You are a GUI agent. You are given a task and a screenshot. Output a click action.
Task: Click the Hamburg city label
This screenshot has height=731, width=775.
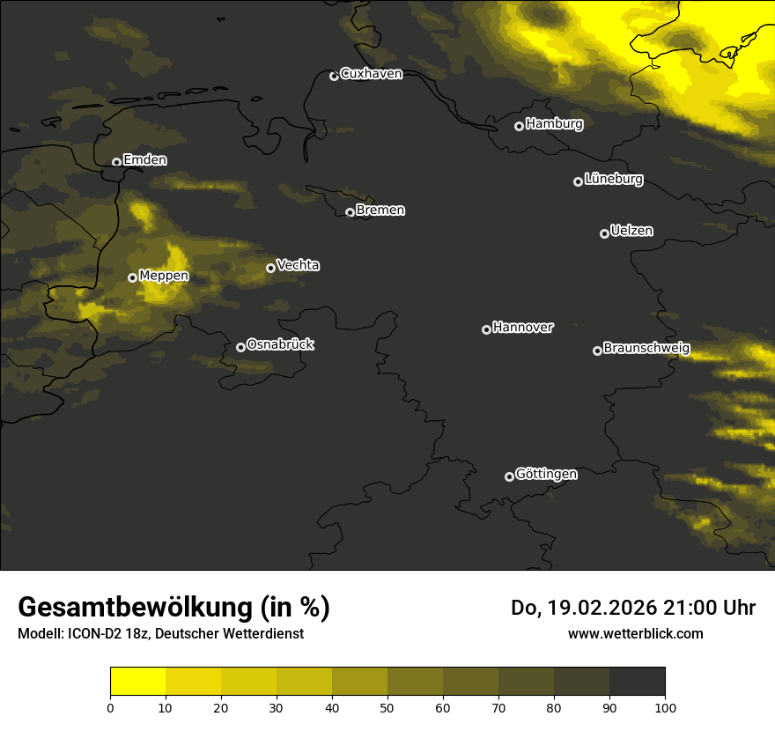554,124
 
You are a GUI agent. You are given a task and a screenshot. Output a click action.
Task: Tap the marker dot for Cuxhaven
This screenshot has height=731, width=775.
334,76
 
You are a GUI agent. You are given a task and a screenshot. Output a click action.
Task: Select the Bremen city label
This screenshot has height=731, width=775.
380,210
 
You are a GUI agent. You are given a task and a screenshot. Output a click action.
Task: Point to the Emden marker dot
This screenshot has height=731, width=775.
116,162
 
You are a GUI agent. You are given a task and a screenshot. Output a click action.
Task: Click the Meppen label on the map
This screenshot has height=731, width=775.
164,276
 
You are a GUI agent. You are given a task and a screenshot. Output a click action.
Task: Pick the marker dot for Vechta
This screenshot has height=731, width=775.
270,268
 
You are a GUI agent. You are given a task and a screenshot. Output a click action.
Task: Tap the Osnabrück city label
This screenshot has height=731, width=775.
280,344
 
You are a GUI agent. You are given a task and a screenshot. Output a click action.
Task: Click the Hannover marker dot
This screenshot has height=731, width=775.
486,329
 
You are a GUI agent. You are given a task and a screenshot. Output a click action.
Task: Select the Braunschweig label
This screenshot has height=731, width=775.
646,349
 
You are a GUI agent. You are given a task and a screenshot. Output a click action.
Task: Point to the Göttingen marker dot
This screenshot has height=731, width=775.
509,476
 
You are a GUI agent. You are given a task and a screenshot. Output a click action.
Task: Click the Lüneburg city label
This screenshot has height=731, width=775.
613,180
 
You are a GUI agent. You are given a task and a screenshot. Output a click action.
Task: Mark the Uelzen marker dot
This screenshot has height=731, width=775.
604,233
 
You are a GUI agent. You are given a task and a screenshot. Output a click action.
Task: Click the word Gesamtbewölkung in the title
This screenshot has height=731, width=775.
132,608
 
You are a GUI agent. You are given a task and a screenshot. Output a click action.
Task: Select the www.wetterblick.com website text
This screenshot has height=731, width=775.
635,633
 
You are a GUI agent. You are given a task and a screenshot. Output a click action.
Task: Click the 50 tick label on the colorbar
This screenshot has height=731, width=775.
387,707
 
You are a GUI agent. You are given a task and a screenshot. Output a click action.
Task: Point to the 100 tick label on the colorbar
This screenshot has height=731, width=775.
665,707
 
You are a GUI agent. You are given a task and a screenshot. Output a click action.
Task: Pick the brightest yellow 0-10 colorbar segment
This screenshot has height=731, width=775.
137,682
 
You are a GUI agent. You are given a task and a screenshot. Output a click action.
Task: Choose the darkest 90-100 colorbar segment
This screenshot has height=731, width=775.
637,682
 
